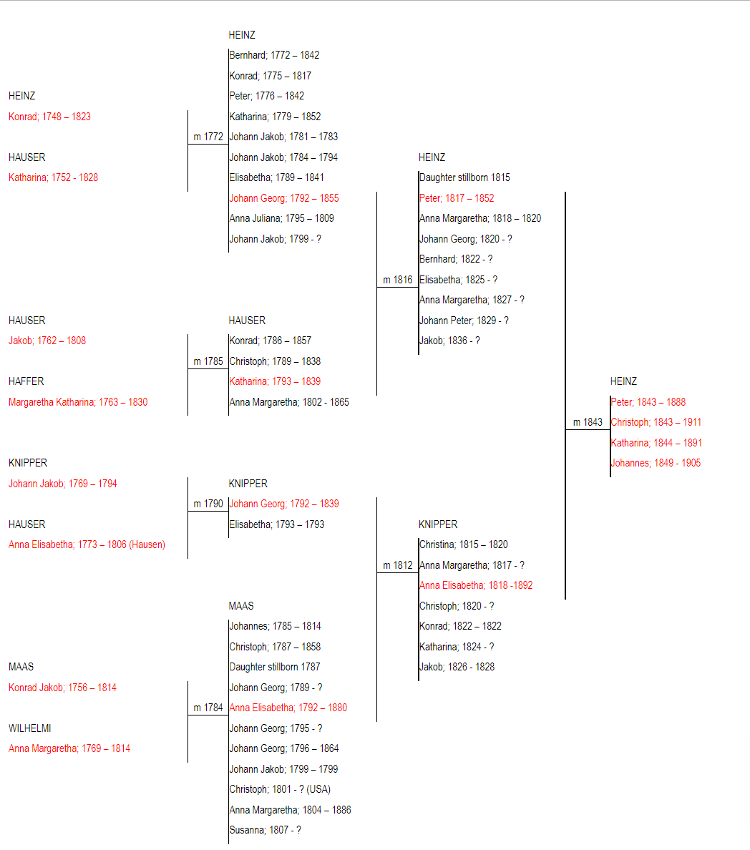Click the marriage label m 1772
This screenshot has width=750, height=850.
coord(208,137)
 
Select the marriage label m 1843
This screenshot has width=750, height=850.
coord(588,422)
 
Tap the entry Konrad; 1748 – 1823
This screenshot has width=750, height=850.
coord(49,117)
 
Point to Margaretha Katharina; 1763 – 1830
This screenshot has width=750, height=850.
coord(78,402)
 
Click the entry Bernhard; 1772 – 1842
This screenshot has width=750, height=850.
coord(274,55)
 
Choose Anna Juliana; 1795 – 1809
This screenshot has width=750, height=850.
coord(281,218)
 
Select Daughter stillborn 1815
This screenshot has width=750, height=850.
coord(464,178)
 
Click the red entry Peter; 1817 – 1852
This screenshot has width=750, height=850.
coord(457,198)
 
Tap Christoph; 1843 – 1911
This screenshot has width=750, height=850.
coord(656,422)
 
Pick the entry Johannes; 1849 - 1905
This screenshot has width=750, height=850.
coord(656,463)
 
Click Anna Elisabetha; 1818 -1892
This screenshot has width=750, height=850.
coord(476,585)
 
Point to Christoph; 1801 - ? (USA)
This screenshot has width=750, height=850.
coord(280,789)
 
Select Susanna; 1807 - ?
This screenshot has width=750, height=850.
coord(266,830)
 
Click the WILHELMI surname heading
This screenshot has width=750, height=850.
coord(30,728)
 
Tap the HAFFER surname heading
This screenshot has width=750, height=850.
coord(26,381)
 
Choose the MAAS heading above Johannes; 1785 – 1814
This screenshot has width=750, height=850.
coord(241,606)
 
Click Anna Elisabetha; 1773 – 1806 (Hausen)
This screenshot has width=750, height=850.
coord(87,544)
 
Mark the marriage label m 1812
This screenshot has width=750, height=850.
coord(397,565)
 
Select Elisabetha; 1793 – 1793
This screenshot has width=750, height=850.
coord(276,524)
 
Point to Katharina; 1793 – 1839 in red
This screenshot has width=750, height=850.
coord(275,381)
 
